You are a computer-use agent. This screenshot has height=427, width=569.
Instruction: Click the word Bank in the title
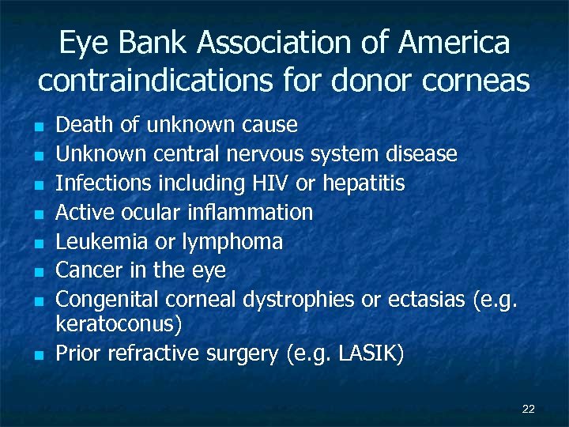pyautogui.click(x=148, y=43)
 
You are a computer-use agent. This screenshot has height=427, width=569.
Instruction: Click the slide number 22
pyautogui.click(x=529, y=409)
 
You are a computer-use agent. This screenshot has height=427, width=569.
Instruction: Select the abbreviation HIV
pyautogui.click(x=271, y=183)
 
